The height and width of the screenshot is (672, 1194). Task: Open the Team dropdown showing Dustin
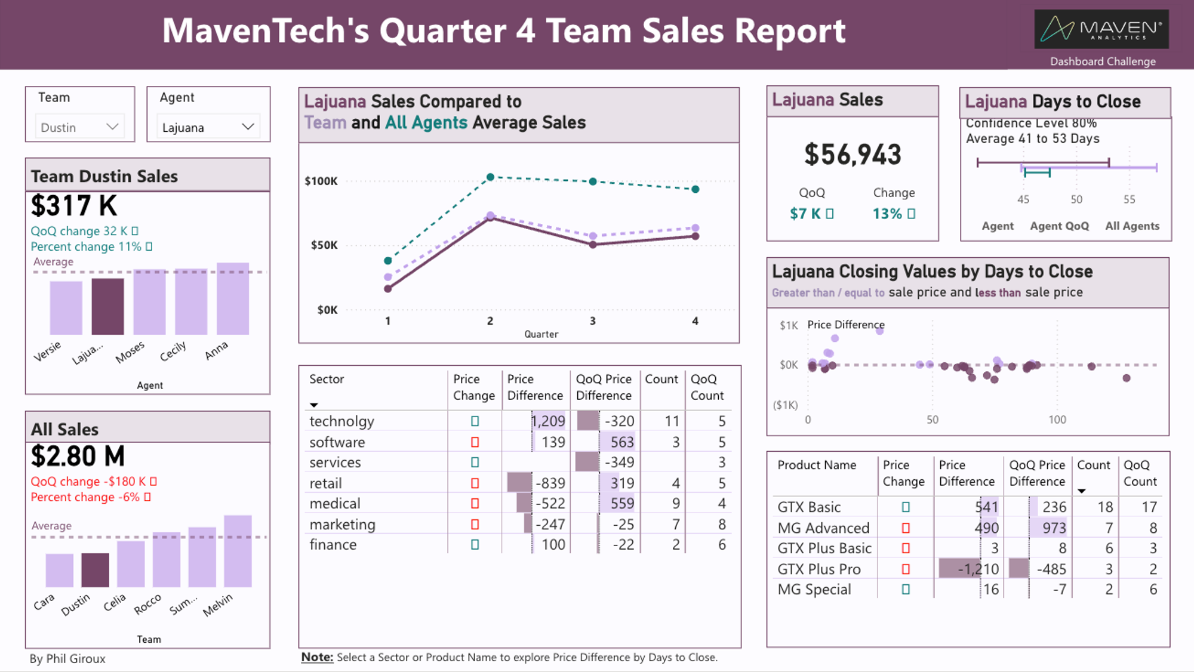point(80,127)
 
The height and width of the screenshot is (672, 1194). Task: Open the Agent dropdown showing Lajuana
point(208,127)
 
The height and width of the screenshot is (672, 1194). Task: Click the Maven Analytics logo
point(1101,29)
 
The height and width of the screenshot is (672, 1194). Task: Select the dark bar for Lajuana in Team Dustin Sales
point(107,306)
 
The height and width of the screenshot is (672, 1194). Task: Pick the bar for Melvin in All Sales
point(238,551)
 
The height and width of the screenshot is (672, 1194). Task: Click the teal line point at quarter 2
point(490,177)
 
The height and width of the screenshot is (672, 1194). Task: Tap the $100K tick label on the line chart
point(321,181)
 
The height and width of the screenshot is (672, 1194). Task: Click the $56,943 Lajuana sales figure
point(853,155)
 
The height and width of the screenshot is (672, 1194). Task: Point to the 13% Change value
point(888,214)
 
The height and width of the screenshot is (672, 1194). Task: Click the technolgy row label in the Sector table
point(341,421)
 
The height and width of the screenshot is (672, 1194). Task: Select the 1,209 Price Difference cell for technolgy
point(548,421)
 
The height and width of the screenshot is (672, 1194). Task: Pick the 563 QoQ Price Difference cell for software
point(621,442)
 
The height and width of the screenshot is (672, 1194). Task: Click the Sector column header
point(327,379)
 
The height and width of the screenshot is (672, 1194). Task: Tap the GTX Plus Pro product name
point(818,569)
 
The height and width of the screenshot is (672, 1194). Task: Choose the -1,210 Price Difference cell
point(978,569)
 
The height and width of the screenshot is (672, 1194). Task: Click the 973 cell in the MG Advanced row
point(1054,528)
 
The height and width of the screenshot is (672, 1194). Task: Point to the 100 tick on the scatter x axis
point(1057,420)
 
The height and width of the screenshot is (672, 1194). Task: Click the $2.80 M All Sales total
point(78,457)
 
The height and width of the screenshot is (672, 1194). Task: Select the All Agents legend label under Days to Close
point(1132,226)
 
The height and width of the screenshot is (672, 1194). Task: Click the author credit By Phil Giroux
point(67,659)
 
